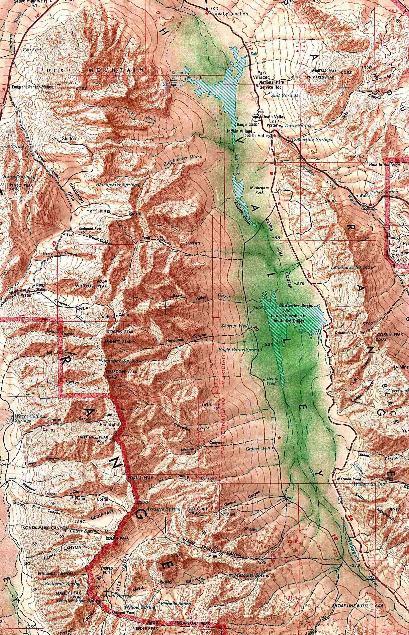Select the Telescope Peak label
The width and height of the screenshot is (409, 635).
point(122,372)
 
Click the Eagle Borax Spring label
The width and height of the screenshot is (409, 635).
point(238,350)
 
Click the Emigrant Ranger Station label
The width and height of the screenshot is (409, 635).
point(30,87)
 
